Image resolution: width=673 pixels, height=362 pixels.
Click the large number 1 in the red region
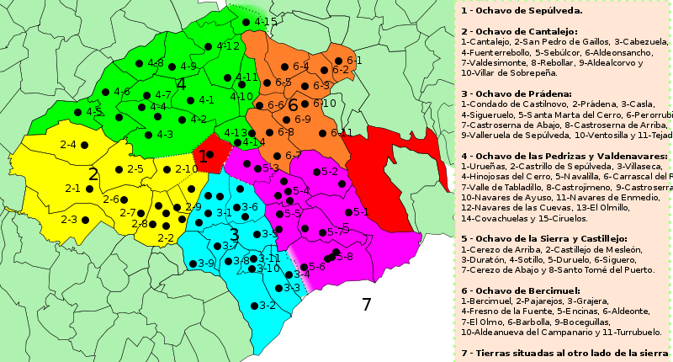click(203, 157)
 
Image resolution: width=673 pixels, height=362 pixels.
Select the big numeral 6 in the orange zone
click(293, 106)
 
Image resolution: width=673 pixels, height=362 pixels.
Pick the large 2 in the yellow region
click(93, 174)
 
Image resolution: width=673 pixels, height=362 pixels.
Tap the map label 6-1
click(353, 61)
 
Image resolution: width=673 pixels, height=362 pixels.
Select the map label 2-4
click(69, 145)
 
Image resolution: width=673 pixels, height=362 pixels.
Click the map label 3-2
click(268, 305)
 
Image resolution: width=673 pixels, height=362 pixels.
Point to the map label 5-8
click(344, 256)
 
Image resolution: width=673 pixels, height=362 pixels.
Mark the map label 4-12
click(228, 45)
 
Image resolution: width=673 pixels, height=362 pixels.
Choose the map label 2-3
click(69, 220)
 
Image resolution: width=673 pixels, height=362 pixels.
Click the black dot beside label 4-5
click(77, 112)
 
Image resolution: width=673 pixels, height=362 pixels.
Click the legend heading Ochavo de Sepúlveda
click(522, 10)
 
